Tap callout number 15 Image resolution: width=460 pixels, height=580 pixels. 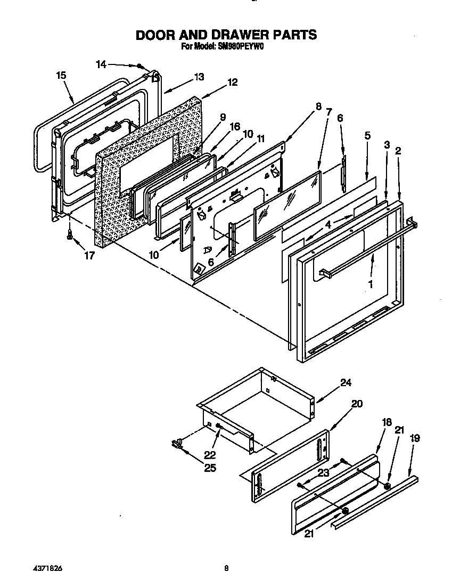[61, 76]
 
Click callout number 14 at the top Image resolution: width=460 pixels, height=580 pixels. [101, 64]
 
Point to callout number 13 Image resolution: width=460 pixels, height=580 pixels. [199, 77]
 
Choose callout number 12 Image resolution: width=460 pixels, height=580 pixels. [232, 83]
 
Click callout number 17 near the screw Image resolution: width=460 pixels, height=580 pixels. [89, 256]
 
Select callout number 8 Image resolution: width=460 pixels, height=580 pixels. [318, 106]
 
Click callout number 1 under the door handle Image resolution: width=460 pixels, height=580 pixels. [371, 285]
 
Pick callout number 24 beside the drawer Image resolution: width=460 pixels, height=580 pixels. [346, 382]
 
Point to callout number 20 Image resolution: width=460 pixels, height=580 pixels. [357, 404]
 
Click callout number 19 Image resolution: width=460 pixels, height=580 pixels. [415, 438]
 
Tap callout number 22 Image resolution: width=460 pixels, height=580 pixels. [210, 454]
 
